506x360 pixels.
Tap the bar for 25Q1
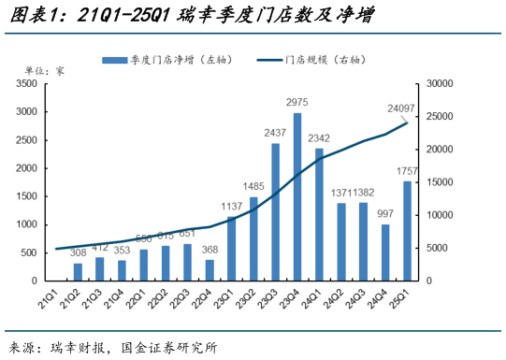[408, 231]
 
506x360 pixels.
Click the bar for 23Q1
[231, 249]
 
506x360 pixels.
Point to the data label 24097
[409, 107]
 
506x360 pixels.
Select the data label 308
[79, 253]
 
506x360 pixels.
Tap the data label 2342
[320, 139]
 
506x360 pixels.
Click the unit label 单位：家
[44, 69]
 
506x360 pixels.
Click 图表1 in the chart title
[32, 14]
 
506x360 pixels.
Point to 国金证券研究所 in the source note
[168, 347]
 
